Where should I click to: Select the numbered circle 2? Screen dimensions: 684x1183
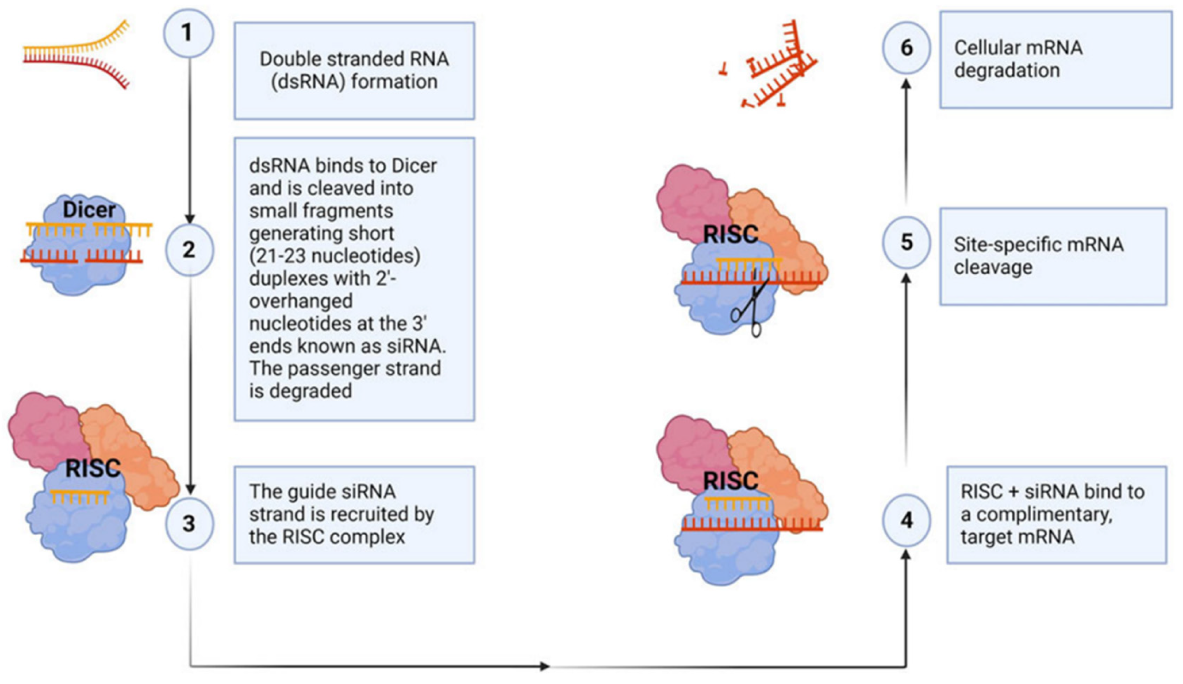[x=189, y=249]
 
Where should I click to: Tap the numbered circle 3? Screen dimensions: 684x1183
[x=189, y=524]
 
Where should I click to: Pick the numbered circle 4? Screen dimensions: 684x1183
[x=906, y=520]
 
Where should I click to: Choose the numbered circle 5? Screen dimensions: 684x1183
[x=906, y=243]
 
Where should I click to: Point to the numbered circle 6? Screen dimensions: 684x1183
[x=906, y=48]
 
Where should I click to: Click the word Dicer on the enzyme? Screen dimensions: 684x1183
[x=89, y=210]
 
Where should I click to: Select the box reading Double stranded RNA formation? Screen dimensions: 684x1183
[x=354, y=70]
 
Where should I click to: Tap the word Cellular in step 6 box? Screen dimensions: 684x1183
[x=983, y=48]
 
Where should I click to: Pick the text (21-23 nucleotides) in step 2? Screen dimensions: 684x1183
[x=334, y=256]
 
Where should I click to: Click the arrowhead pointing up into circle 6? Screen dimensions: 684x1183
[x=906, y=84]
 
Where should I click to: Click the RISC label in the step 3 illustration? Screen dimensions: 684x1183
[x=93, y=468]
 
